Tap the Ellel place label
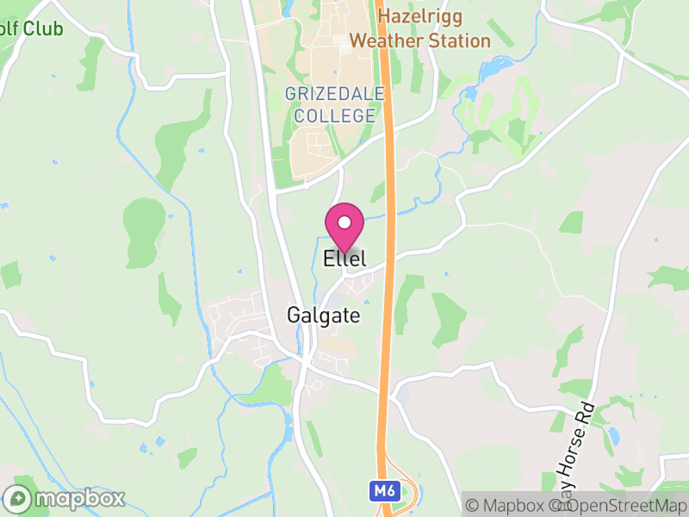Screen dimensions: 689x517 (344, 258)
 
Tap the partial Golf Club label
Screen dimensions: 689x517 (31, 29)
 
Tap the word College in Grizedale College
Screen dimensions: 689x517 (334, 115)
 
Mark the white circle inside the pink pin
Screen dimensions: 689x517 (344, 222)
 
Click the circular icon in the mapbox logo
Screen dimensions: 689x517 (17, 498)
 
